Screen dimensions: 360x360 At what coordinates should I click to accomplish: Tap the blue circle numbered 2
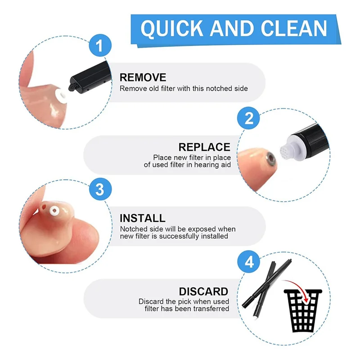tap(249, 118)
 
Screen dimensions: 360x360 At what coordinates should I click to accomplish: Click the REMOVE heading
tap(143, 77)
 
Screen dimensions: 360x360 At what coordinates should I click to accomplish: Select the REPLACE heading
tap(204, 147)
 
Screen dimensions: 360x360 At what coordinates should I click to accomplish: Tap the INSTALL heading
tap(142, 218)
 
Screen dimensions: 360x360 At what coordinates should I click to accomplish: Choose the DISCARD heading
tap(203, 291)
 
